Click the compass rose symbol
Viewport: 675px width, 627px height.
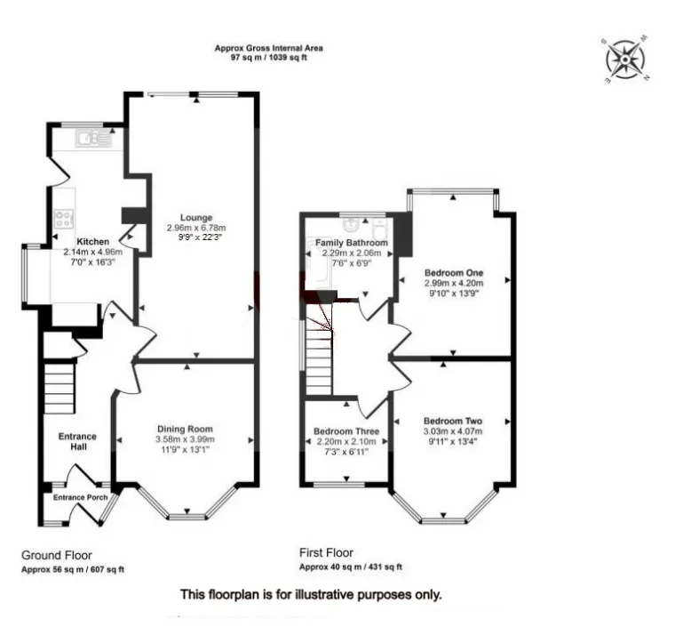(x=625, y=60)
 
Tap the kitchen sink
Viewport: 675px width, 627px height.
(x=93, y=138)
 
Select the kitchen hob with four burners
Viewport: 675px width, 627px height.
(x=64, y=218)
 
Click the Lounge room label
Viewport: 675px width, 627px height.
(x=196, y=218)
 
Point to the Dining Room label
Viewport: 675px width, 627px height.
(x=185, y=429)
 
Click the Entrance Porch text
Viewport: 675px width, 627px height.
(x=81, y=497)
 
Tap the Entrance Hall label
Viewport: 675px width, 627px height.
(x=77, y=441)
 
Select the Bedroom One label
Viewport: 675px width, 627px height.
(x=454, y=273)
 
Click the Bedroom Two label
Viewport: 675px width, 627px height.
(x=453, y=421)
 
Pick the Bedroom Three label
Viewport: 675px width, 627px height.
(x=346, y=431)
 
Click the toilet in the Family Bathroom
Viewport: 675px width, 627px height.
(x=380, y=229)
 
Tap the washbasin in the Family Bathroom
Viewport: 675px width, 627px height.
(x=352, y=225)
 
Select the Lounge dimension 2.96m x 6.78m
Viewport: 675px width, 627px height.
(x=196, y=228)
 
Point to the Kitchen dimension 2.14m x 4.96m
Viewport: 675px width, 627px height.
(x=93, y=252)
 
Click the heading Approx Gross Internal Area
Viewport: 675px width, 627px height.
(x=269, y=48)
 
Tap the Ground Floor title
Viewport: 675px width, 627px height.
(x=57, y=555)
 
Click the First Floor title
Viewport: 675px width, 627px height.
(x=326, y=552)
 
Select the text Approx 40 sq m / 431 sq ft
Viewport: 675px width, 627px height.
(x=351, y=567)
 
